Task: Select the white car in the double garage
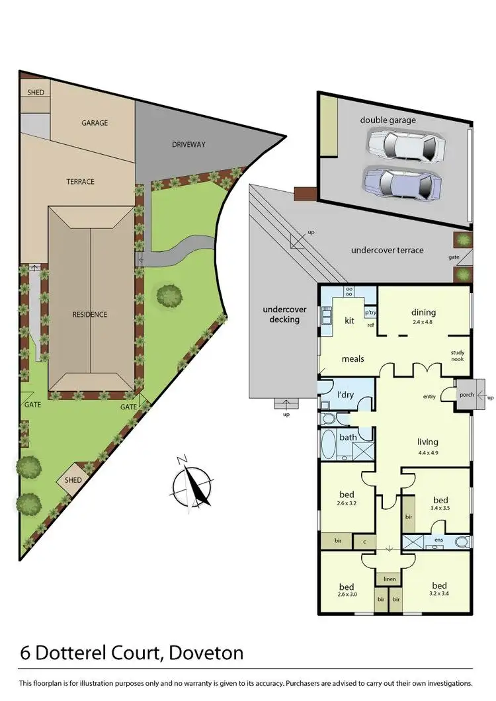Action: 404,145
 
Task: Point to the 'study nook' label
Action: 457,356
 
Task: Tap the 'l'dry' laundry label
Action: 345,395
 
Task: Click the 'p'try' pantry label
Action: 370,313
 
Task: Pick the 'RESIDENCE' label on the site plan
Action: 89,314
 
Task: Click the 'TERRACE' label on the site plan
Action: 80,181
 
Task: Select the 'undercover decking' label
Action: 282,314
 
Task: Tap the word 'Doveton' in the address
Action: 206,653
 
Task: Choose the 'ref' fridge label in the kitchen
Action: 370,325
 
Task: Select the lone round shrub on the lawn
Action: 169,296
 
